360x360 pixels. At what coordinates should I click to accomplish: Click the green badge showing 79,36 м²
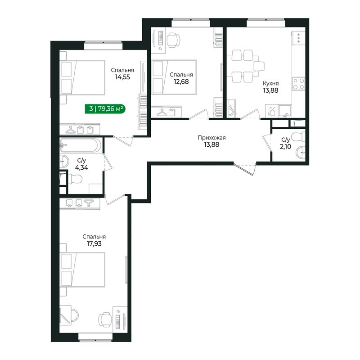(105, 108)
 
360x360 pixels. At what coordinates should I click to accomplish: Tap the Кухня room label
(271, 83)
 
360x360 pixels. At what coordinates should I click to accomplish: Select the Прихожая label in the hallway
(211, 138)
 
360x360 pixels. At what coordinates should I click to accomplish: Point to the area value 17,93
(94, 243)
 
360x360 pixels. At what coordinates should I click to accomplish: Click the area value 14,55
(122, 77)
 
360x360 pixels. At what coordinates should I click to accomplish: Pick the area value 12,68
(181, 82)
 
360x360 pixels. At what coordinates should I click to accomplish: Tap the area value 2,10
(286, 147)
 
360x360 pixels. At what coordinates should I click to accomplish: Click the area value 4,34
(81, 167)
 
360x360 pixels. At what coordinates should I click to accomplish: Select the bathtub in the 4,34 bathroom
(80, 145)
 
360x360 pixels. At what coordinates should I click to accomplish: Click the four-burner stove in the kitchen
(298, 84)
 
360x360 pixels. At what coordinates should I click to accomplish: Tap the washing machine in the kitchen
(231, 108)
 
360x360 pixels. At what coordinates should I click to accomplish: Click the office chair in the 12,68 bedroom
(173, 40)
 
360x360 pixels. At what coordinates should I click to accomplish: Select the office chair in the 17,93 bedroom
(105, 319)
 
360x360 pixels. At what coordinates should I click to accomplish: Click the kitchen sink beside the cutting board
(285, 111)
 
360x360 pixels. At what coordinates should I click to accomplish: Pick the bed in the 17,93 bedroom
(82, 270)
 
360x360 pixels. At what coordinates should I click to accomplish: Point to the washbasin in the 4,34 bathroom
(64, 162)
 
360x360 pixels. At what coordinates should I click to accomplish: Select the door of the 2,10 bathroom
(267, 142)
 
